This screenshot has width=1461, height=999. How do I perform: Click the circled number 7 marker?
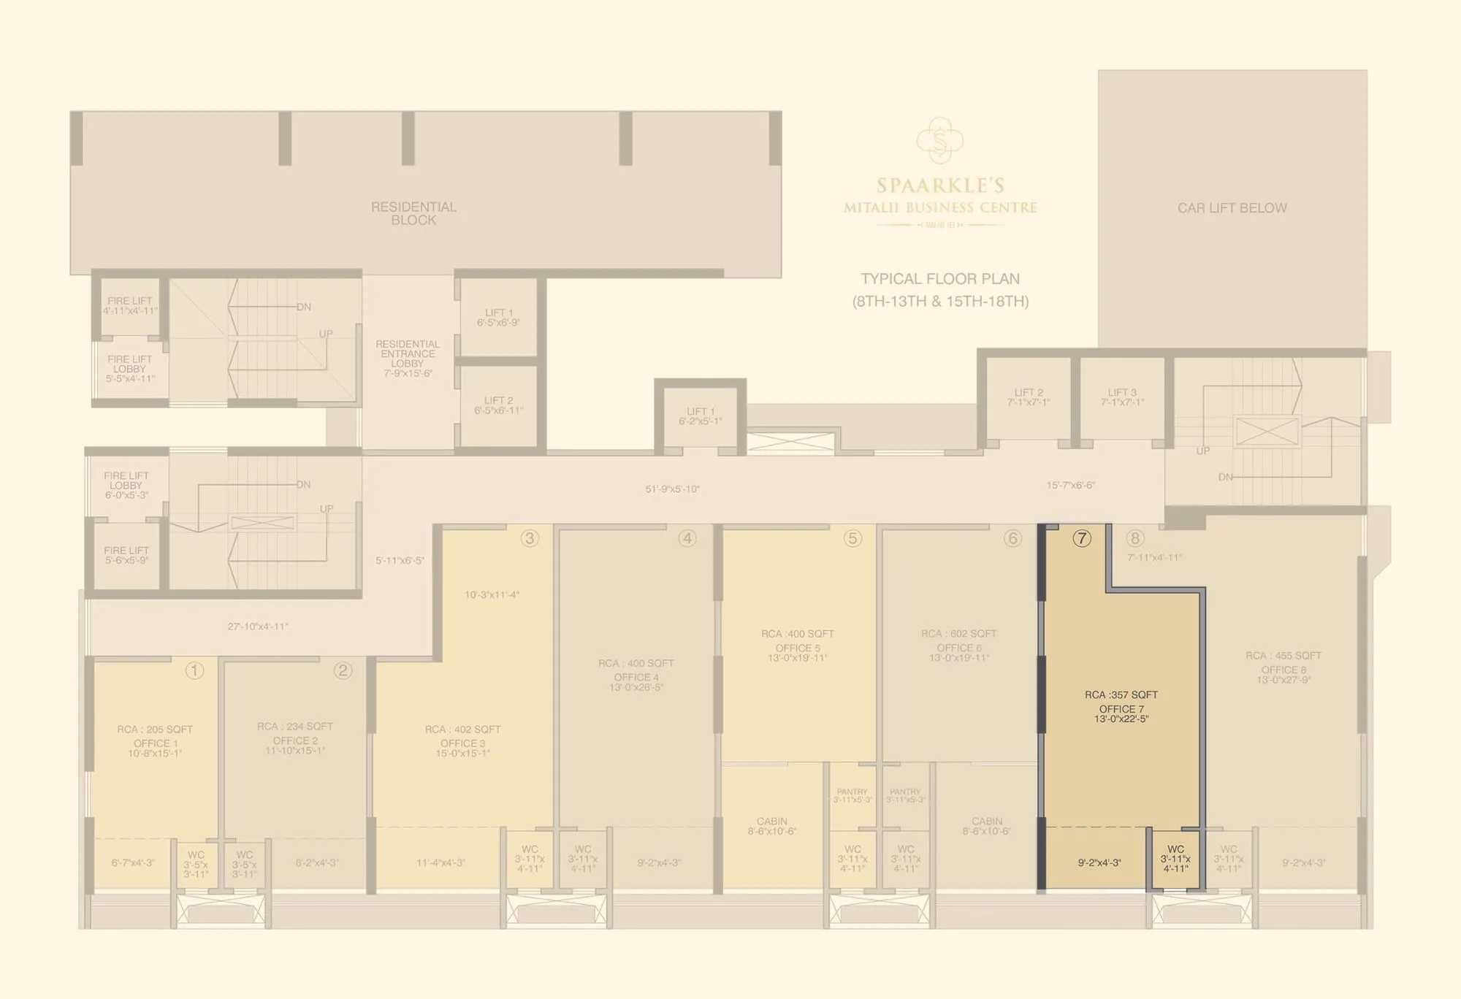click(1082, 538)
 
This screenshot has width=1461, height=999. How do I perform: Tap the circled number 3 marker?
click(530, 538)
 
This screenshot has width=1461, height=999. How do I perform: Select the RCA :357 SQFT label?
click(1121, 694)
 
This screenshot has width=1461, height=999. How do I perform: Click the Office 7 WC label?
click(1175, 849)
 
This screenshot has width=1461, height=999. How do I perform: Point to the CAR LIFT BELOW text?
click(1232, 208)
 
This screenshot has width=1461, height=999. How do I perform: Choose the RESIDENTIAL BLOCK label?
click(413, 213)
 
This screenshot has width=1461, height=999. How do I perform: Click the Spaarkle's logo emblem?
click(940, 140)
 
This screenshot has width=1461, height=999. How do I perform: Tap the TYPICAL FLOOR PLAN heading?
click(940, 278)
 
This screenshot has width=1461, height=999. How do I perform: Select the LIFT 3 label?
click(1122, 393)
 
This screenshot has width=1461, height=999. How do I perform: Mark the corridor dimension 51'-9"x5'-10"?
click(672, 489)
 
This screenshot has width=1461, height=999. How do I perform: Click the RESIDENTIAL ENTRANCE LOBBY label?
click(408, 354)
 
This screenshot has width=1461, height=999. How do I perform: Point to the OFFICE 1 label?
click(156, 743)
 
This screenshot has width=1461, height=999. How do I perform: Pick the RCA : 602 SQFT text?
click(958, 633)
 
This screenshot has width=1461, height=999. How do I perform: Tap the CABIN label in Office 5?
click(771, 822)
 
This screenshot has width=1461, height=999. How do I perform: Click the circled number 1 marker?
click(194, 670)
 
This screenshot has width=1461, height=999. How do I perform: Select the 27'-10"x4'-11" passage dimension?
click(257, 627)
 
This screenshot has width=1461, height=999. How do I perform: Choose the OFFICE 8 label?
click(1283, 670)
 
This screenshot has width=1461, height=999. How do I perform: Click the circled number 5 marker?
click(852, 538)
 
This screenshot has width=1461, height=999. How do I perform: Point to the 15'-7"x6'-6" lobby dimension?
click(1070, 485)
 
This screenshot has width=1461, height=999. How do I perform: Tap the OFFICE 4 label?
click(636, 678)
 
